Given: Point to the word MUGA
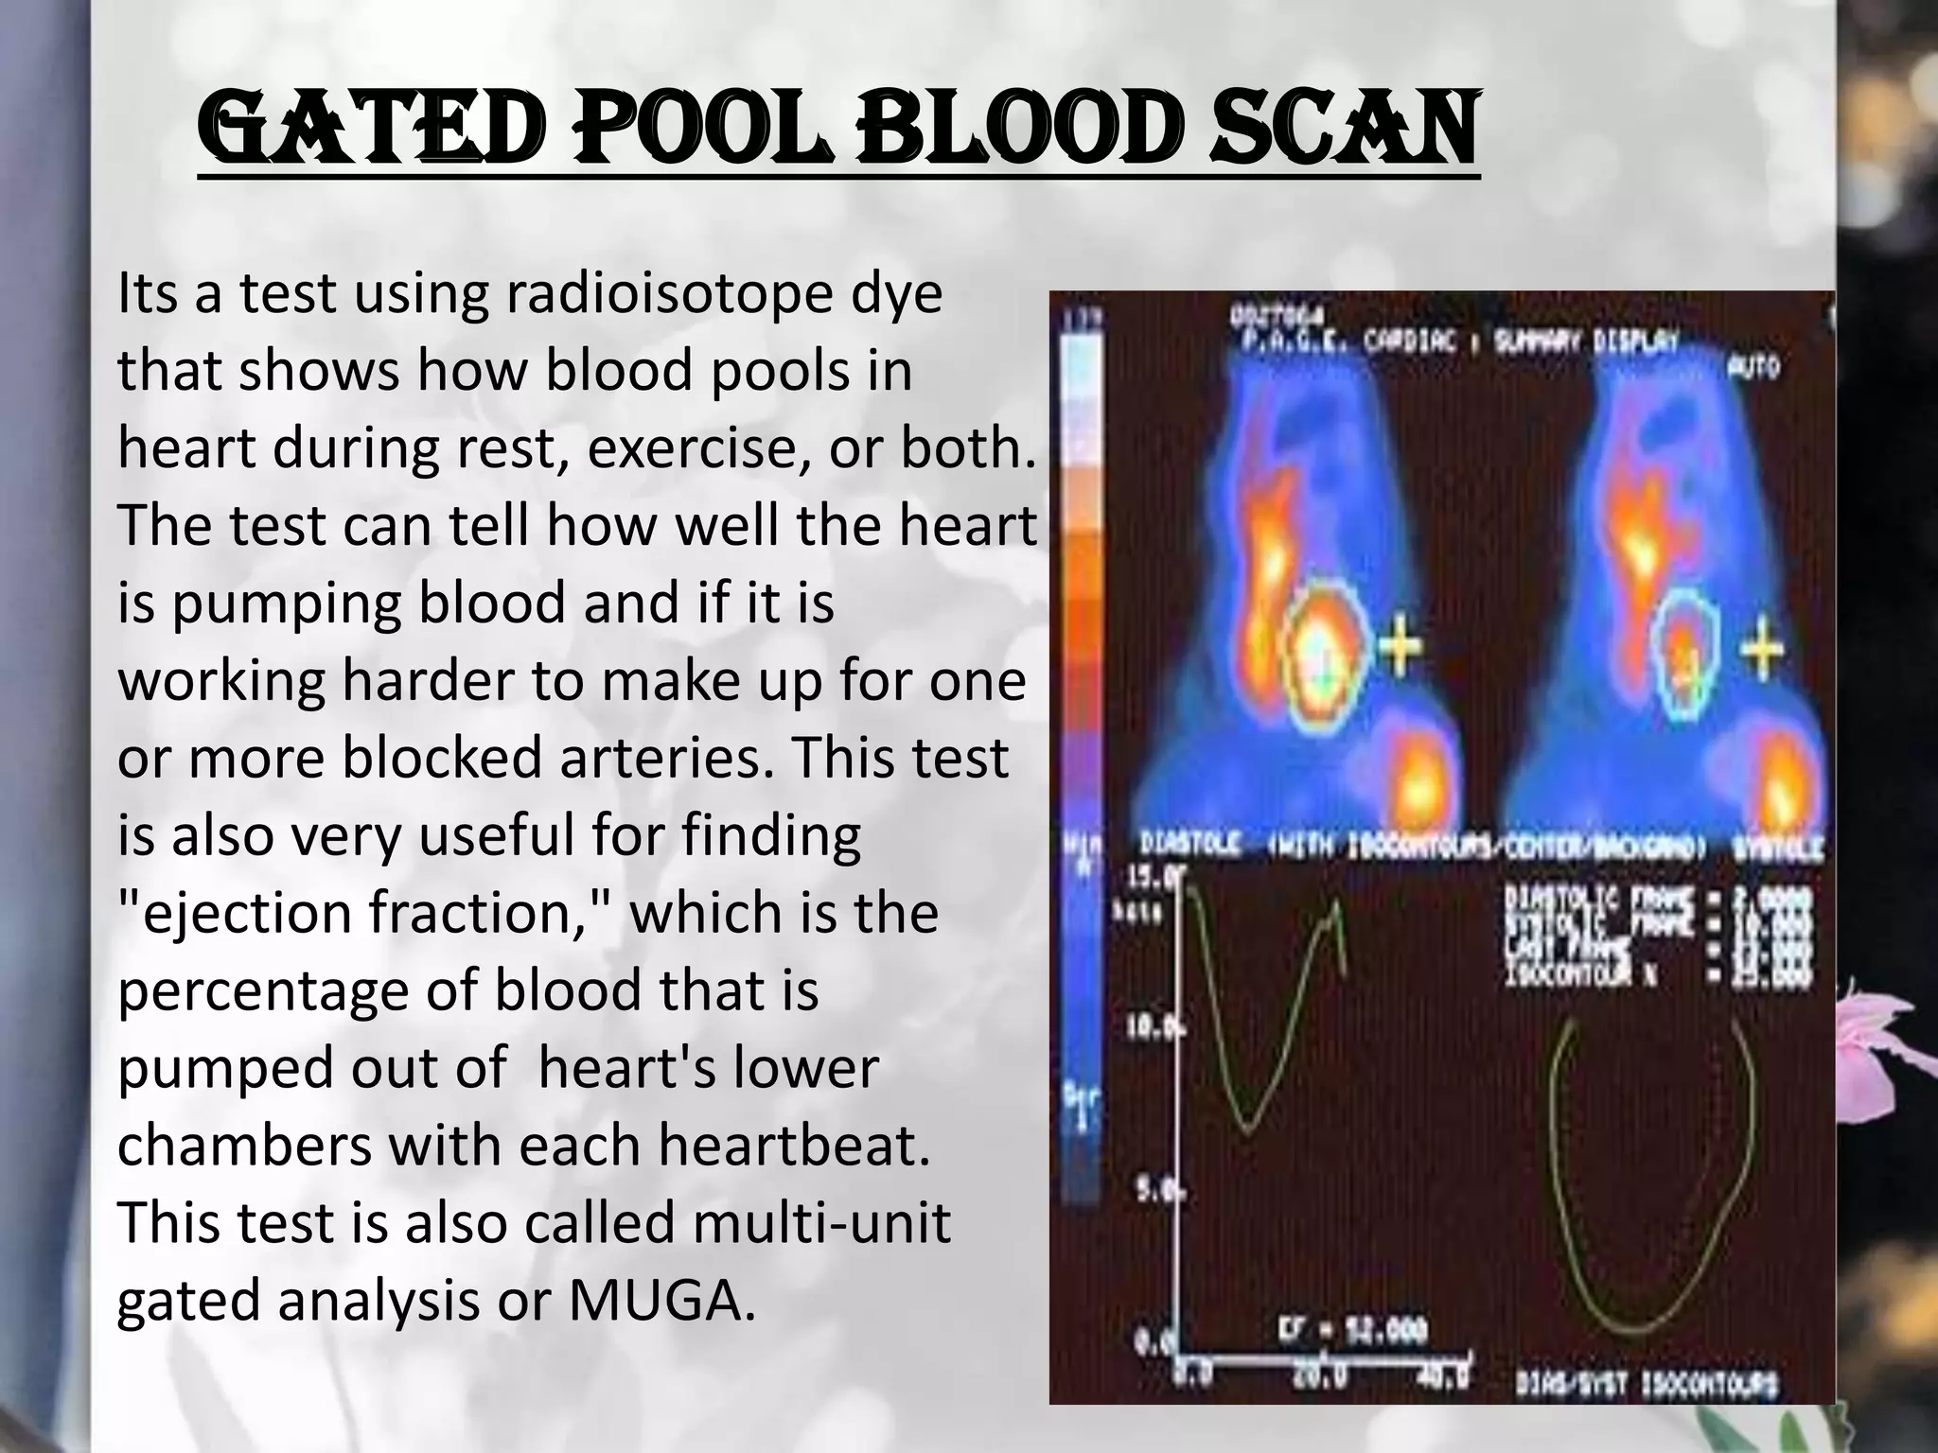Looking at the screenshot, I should click(661, 1302).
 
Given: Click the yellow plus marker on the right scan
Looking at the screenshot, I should click(1760, 650).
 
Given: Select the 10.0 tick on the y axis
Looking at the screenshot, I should click(1145, 1026).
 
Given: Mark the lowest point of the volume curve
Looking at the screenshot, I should click(1248, 1129).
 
